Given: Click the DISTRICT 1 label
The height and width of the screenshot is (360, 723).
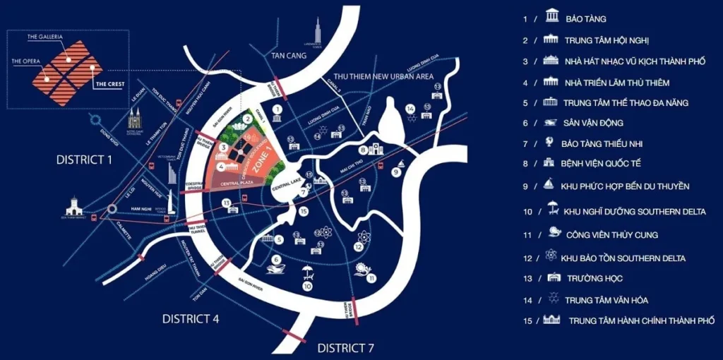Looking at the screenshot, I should point(84,160).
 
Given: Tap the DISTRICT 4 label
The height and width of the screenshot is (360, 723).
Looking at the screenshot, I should point(191,318).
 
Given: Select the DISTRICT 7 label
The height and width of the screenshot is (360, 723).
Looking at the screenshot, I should point(345,347).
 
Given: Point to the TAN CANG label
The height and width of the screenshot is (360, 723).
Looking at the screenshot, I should point(289,55).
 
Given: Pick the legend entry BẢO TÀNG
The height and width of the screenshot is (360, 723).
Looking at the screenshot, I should point(585,19).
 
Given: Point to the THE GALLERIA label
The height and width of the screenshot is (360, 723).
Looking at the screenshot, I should point(45,36).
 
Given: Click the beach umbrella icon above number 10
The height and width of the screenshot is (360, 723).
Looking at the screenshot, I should point(308,272).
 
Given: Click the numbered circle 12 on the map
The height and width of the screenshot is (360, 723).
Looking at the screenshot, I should point(359,247).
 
